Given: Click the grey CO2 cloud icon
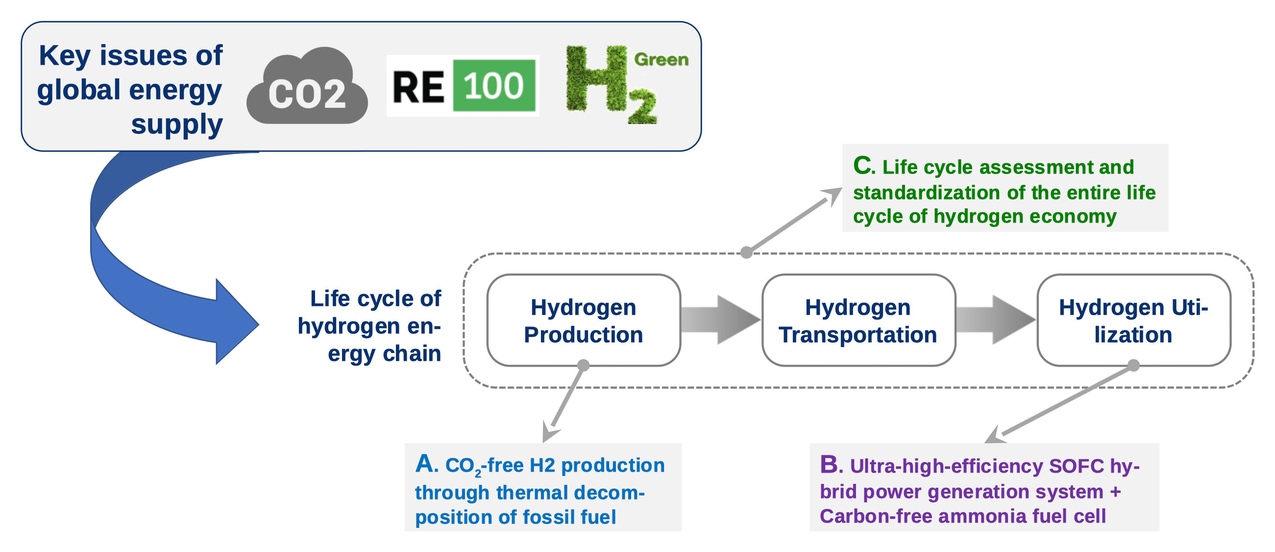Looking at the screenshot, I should (x=307, y=87).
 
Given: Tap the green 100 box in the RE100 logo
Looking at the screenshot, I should (x=494, y=86).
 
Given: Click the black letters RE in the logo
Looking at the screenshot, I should (x=418, y=87).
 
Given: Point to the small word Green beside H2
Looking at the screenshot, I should (x=661, y=59).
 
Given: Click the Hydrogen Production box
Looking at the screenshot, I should (x=584, y=320).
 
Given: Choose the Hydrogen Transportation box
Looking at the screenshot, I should (x=858, y=320).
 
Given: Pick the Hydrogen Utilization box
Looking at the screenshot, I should (x=1133, y=320).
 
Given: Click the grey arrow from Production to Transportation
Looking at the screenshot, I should (x=720, y=320).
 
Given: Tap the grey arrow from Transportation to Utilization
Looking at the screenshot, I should (x=995, y=320).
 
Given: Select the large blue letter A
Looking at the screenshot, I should (x=426, y=464).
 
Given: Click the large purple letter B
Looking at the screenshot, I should (x=830, y=464).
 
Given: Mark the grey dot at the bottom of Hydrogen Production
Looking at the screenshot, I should (x=584, y=365).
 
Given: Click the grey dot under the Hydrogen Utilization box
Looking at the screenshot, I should (x=1133, y=365).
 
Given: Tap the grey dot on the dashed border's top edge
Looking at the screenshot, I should (x=746, y=252).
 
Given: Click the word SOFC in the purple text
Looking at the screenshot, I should (x=1076, y=466).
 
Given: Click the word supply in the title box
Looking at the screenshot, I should (x=176, y=124).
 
